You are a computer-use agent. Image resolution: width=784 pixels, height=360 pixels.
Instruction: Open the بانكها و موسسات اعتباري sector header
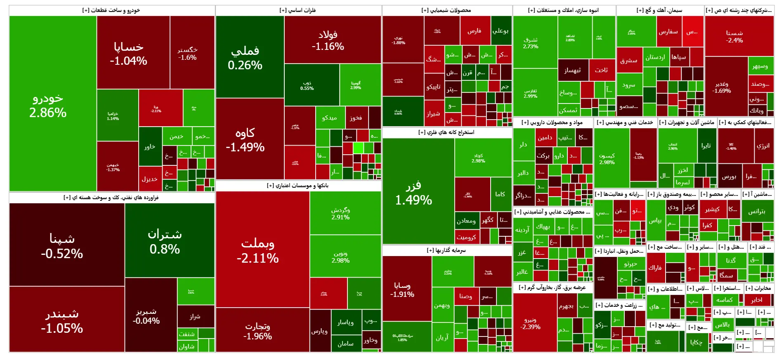click(298, 186)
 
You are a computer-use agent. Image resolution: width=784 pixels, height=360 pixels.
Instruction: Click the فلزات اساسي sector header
click(298, 10)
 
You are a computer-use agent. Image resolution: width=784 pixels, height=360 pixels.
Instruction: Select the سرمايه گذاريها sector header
click(446, 250)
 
